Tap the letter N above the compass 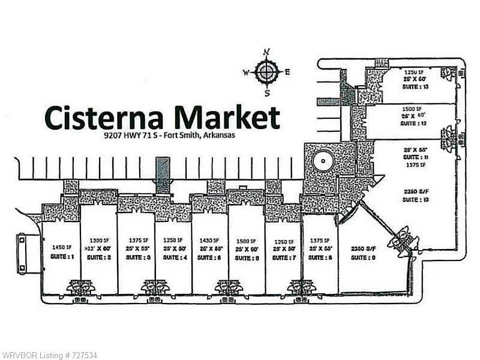[268, 52]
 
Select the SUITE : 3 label [136, 257]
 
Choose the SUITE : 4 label [173, 257]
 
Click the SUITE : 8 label [320, 257]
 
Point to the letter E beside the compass [287, 72]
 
